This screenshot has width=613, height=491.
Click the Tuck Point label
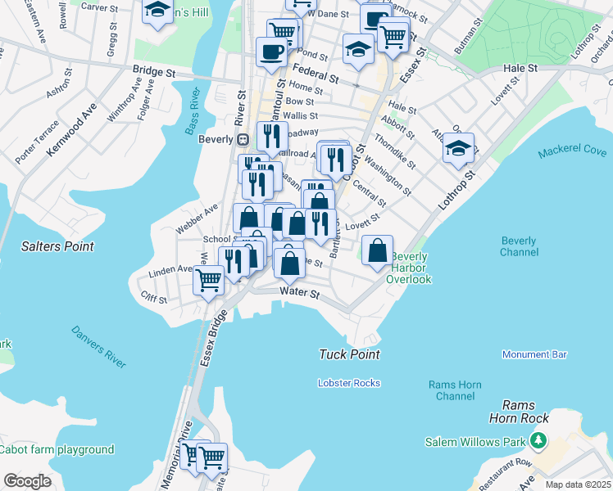point(349,354)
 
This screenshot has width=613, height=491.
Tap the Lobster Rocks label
point(349,383)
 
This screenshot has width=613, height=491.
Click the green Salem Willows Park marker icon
point(538,442)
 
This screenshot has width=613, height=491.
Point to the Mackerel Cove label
point(573,152)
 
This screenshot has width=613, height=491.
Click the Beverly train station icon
point(243,139)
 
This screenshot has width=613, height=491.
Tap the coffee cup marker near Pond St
point(271,52)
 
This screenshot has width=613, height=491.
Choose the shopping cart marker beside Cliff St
point(208,279)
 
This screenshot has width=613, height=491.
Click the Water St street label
point(297,292)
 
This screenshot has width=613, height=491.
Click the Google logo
point(27,481)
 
